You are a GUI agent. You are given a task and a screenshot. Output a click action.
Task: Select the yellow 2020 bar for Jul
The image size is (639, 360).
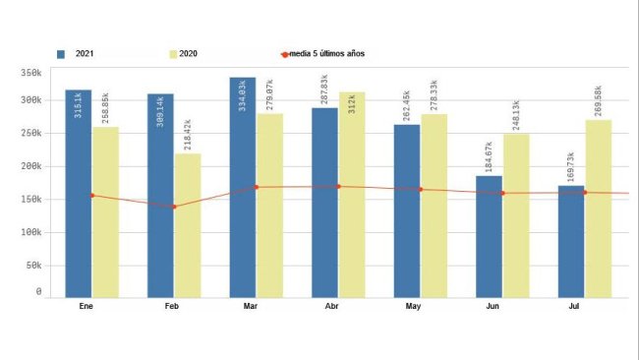point(598,231)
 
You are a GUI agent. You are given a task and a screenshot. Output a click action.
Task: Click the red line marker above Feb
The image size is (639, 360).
point(174,207)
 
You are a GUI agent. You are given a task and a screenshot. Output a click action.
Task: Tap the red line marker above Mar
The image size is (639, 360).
point(257,187)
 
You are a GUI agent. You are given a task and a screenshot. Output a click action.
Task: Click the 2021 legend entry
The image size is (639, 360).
point(79,53)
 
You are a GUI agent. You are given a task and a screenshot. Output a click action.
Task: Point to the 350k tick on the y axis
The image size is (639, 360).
point(30,73)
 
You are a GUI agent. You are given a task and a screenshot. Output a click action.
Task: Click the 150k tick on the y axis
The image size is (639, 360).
point(30,200)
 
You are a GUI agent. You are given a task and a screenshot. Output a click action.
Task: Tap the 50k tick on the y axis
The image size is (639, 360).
point(32,266)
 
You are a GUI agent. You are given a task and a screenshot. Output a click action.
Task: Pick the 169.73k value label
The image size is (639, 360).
point(571,165)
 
